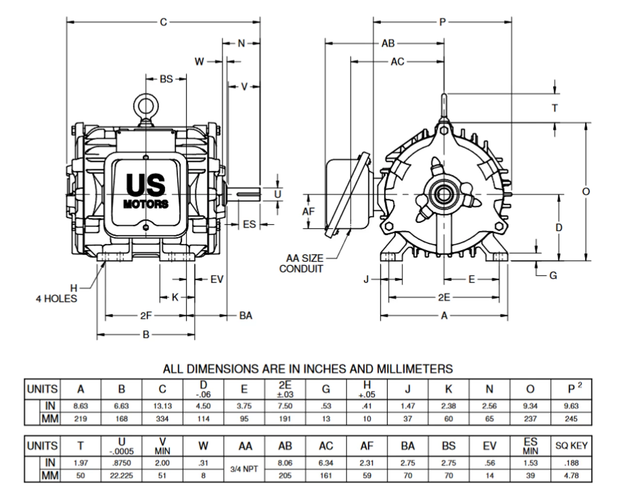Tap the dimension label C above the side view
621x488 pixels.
(x=163, y=22)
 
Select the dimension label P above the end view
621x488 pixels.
(x=442, y=22)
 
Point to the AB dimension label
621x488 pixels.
(x=388, y=44)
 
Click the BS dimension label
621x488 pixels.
(x=166, y=79)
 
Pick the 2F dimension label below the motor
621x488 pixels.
(x=146, y=316)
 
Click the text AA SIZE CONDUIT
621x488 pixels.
(x=301, y=263)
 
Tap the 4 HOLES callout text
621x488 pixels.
(x=56, y=298)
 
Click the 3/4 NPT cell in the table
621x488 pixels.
(x=244, y=469)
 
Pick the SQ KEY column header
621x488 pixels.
(x=572, y=445)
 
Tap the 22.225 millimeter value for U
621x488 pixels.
(x=122, y=476)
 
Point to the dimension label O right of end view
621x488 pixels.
(x=586, y=192)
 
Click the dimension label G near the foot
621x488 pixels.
(x=553, y=276)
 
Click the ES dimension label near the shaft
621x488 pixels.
(x=249, y=224)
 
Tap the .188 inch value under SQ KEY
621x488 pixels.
(x=572, y=463)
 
